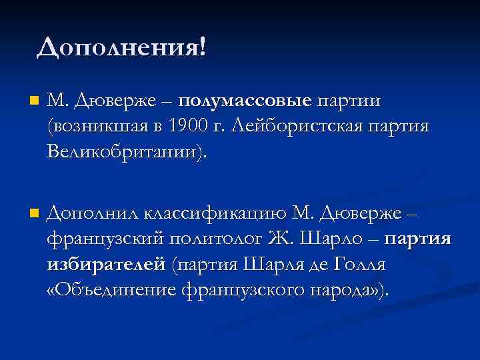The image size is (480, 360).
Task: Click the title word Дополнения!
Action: click(122, 47)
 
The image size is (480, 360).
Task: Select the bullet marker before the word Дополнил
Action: click(34, 213)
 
